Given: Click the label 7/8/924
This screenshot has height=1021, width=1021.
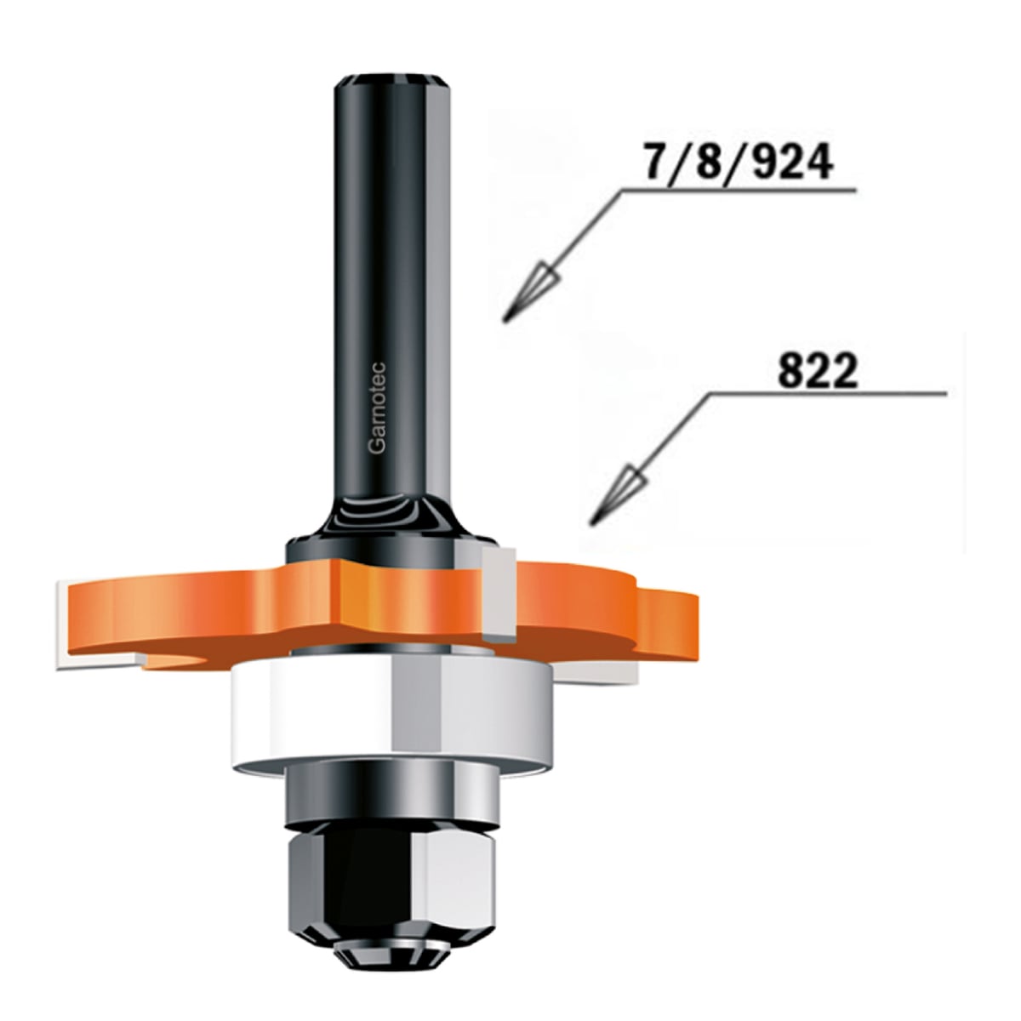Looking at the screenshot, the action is click(x=738, y=163).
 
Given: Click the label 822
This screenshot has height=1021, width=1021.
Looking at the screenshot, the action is click(x=817, y=372).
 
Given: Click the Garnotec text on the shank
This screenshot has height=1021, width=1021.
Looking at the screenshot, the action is click(x=377, y=408).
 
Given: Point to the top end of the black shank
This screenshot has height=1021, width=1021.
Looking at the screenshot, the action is click(x=391, y=79).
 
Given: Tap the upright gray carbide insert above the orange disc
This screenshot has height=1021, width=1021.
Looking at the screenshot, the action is click(x=499, y=595).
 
